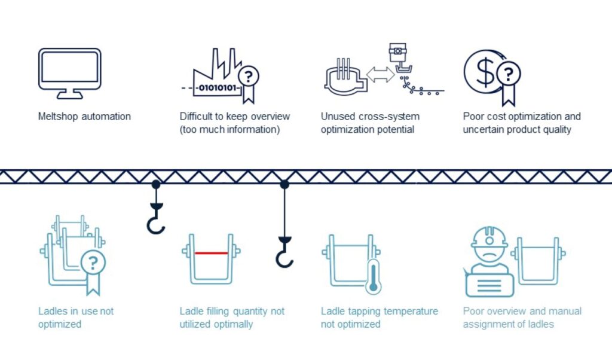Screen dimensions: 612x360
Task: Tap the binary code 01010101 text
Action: [218, 88]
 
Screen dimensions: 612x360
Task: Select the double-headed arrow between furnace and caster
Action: [381, 75]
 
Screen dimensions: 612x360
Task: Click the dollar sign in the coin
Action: [485, 72]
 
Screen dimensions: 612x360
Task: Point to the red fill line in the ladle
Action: [211, 253]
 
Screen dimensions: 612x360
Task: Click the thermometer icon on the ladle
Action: [373, 277]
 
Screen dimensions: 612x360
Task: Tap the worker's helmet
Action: [489, 237]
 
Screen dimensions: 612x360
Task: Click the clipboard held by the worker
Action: [489, 285]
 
